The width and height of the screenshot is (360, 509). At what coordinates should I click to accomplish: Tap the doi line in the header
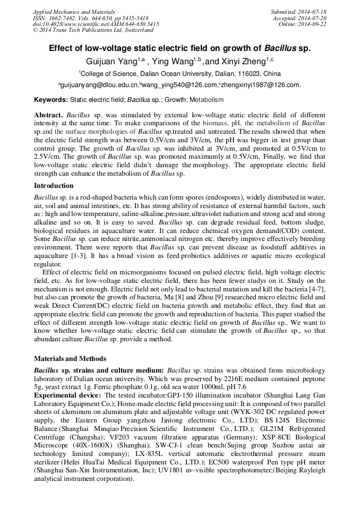click(x=96, y=24)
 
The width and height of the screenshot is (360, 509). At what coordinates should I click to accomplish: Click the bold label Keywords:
click(x=51, y=99)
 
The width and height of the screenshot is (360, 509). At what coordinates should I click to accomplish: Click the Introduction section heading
click(x=54, y=186)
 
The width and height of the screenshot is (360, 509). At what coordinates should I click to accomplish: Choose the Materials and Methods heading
click(x=70, y=359)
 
